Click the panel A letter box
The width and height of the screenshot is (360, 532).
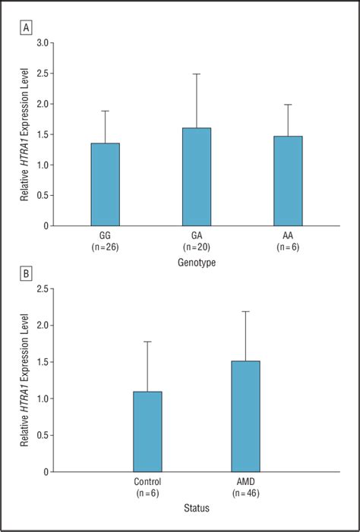27,28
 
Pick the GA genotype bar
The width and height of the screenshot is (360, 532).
197,177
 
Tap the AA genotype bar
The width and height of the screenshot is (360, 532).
288,181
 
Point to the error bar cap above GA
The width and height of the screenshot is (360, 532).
197,74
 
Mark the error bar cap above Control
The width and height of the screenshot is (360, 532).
147,342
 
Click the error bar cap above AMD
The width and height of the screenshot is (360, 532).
245,311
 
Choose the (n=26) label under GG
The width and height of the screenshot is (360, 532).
105,248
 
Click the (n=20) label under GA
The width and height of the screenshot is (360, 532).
197,248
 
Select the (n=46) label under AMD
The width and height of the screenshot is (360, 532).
245,494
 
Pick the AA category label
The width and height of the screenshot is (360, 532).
288,237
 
